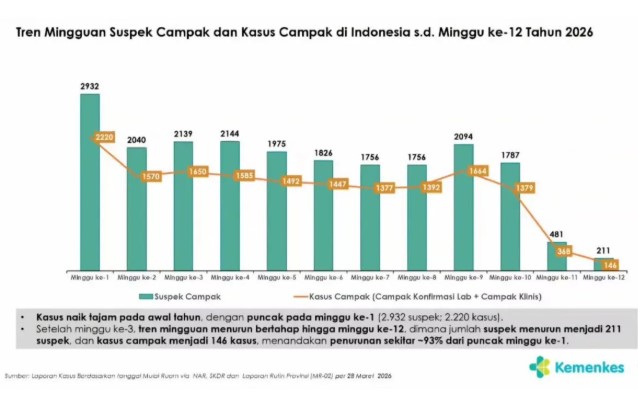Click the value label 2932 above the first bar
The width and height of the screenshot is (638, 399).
click(x=90, y=87)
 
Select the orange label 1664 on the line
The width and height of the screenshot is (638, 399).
click(x=477, y=171)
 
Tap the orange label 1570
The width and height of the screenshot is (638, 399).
click(x=150, y=176)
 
